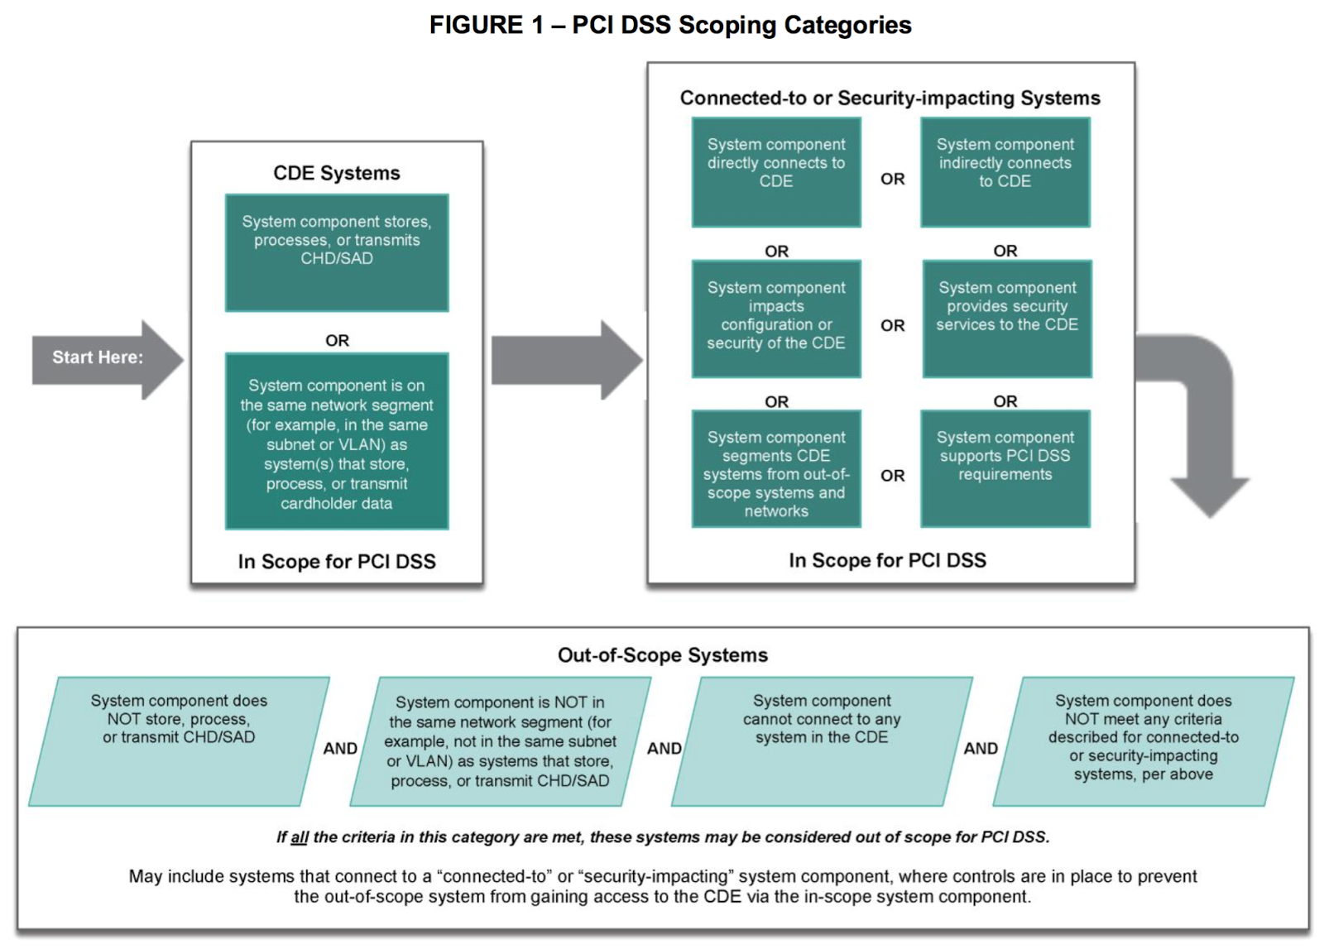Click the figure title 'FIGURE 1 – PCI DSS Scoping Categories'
pyautogui.click(x=669, y=25)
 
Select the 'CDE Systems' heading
pyautogui.click(x=336, y=173)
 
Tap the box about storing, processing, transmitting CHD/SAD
pyautogui.click(x=337, y=252)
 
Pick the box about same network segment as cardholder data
pyautogui.click(x=337, y=442)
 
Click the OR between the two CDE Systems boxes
pyautogui.click(x=337, y=340)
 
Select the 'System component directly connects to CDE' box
pyautogui.click(x=776, y=171)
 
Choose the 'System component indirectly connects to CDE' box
pyautogui.click(x=1005, y=171)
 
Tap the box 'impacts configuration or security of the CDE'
pyautogui.click(x=776, y=319)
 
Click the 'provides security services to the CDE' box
pyautogui.click(x=1006, y=319)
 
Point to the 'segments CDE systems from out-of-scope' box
pyautogui.click(x=776, y=469)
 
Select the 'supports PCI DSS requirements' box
pyautogui.click(x=1005, y=467)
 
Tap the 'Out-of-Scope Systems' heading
pyautogui.click(x=662, y=655)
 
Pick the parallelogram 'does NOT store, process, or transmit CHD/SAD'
pyautogui.click(x=179, y=741)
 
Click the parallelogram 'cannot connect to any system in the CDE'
pyautogui.click(x=821, y=741)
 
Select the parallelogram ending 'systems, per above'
pyautogui.click(x=1143, y=741)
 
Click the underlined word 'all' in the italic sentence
pyautogui.click(x=300, y=837)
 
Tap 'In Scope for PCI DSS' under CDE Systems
pyautogui.click(x=337, y=562)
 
